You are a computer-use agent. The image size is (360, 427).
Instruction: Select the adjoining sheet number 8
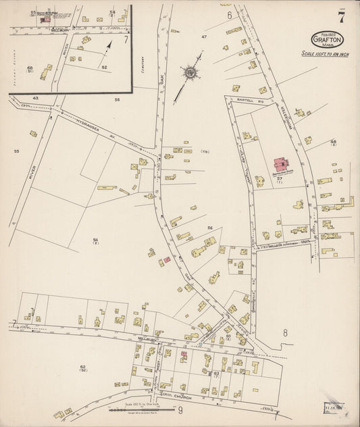click(x=285, y=332)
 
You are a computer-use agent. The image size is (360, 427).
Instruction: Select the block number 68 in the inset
click(x=30, y=68)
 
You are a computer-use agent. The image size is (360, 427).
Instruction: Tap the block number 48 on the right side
click(x=333, y=142)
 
